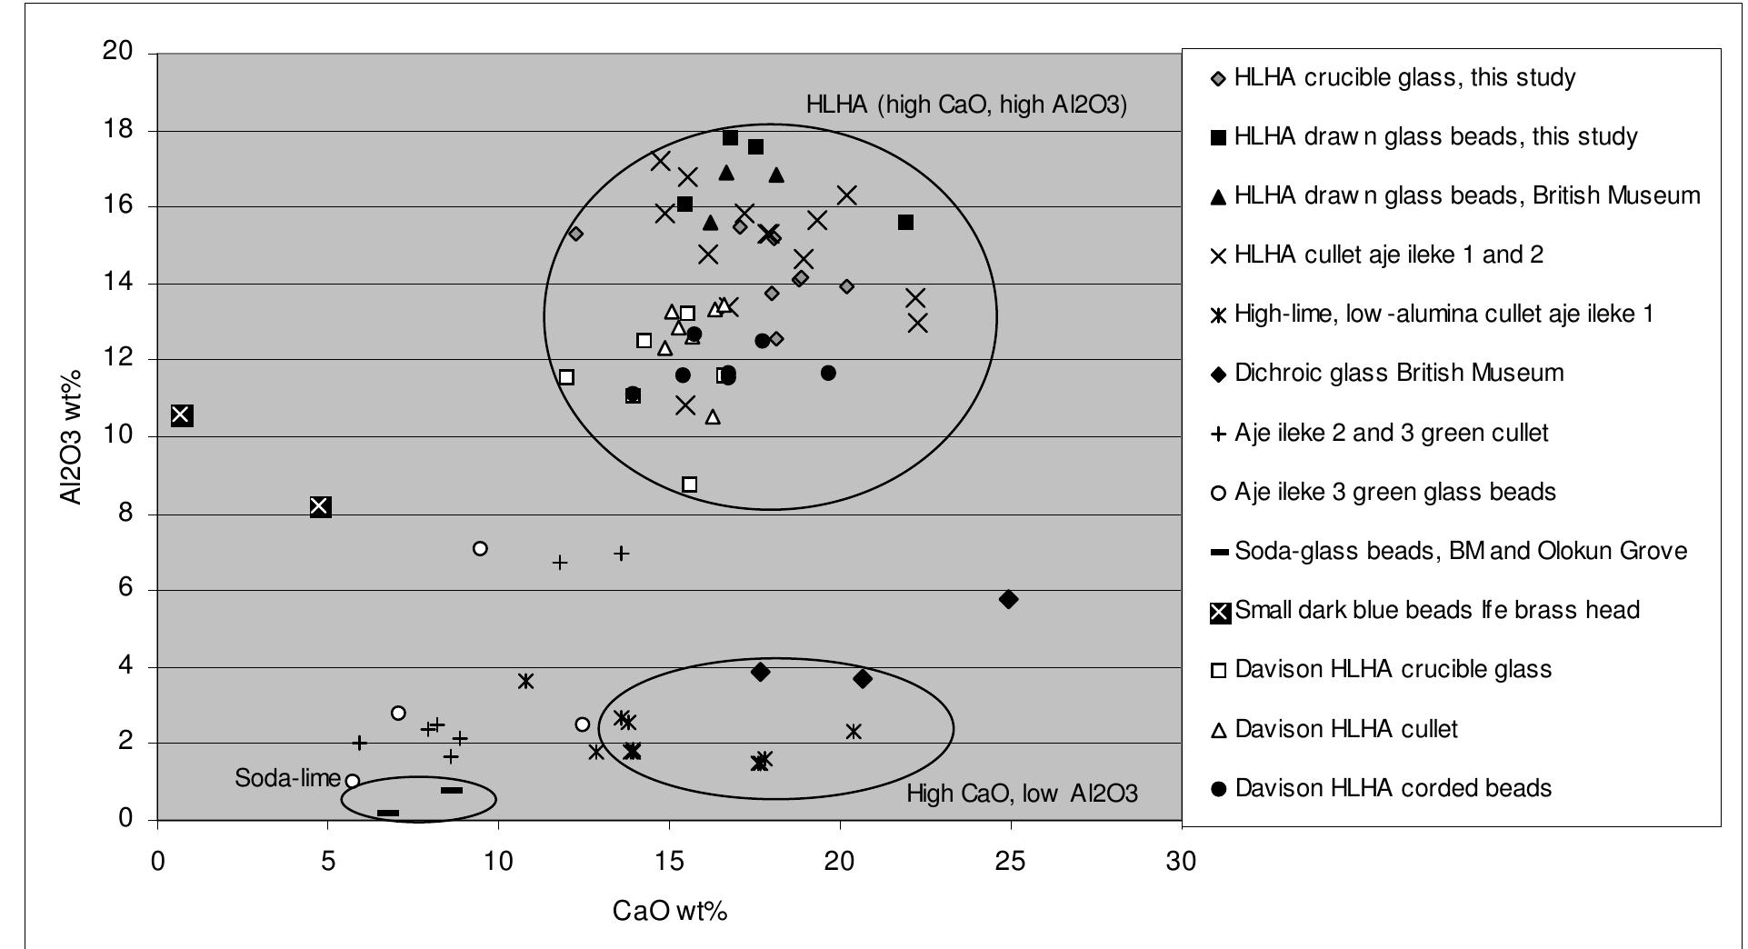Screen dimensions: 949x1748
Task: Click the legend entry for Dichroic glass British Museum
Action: (x=1398, y=373)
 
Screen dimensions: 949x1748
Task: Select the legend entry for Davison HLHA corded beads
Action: (x=1393, y=788)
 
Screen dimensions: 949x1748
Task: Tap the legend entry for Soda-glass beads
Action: (x=1460, y=551)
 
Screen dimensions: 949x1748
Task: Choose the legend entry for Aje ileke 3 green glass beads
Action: (x=1394, y=492)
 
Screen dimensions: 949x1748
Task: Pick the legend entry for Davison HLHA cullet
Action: (x=1345, y=729)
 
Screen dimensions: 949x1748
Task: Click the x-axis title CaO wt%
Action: (x=670, y=910)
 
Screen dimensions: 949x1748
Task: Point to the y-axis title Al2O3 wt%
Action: (x=71, y=436)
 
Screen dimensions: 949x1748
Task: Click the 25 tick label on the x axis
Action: (x=1010, y=861)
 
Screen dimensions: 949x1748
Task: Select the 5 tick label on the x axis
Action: (x=327, y=861)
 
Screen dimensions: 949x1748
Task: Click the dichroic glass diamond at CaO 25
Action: (x=1008, y=599)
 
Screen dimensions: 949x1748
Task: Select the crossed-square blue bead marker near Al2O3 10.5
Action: (x=182, y=415)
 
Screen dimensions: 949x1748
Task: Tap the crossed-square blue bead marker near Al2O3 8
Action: (x=320, y=506)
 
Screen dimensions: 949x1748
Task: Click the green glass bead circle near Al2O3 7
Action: (x=480, y=548)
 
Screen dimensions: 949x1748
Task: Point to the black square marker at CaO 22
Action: (x=905, y=223)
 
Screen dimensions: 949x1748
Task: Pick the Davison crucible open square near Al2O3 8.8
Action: (x=690, y=484)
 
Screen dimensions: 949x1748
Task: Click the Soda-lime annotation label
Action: (x=287, y=778)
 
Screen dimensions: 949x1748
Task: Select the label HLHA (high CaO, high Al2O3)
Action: (x=966, y=105)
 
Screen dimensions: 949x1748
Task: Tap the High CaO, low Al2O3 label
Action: (x=1022, y=794)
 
